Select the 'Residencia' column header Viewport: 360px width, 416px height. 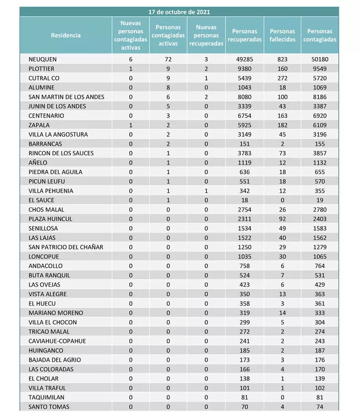65,35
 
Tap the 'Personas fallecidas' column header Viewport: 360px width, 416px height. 282,35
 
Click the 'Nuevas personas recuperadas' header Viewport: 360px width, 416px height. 206,35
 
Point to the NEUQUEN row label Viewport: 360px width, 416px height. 42,59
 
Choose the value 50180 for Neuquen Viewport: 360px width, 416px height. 319,59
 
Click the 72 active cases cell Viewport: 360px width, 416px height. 168,59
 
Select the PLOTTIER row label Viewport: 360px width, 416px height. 42,69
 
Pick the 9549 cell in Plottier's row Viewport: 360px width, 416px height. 319,69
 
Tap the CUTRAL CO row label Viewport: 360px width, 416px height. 43,78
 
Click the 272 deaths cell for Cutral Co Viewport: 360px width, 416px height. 282,78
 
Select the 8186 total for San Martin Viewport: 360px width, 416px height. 319,97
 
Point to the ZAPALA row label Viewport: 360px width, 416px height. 39,125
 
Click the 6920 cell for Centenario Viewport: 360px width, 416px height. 319,116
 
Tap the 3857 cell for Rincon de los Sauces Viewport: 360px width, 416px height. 319,154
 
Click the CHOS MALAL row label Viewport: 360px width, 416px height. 46,210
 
